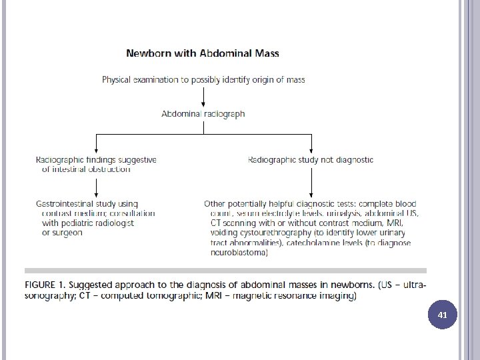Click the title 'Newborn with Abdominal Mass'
click(x=203, y=53)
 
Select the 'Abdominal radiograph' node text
click(x=203, y=114)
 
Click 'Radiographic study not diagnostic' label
click(x=310, y=160)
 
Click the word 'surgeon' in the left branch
click(x=63, y=233)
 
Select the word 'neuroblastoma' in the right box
click(x=238, y=253)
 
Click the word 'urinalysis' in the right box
click(x=345, y=213)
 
